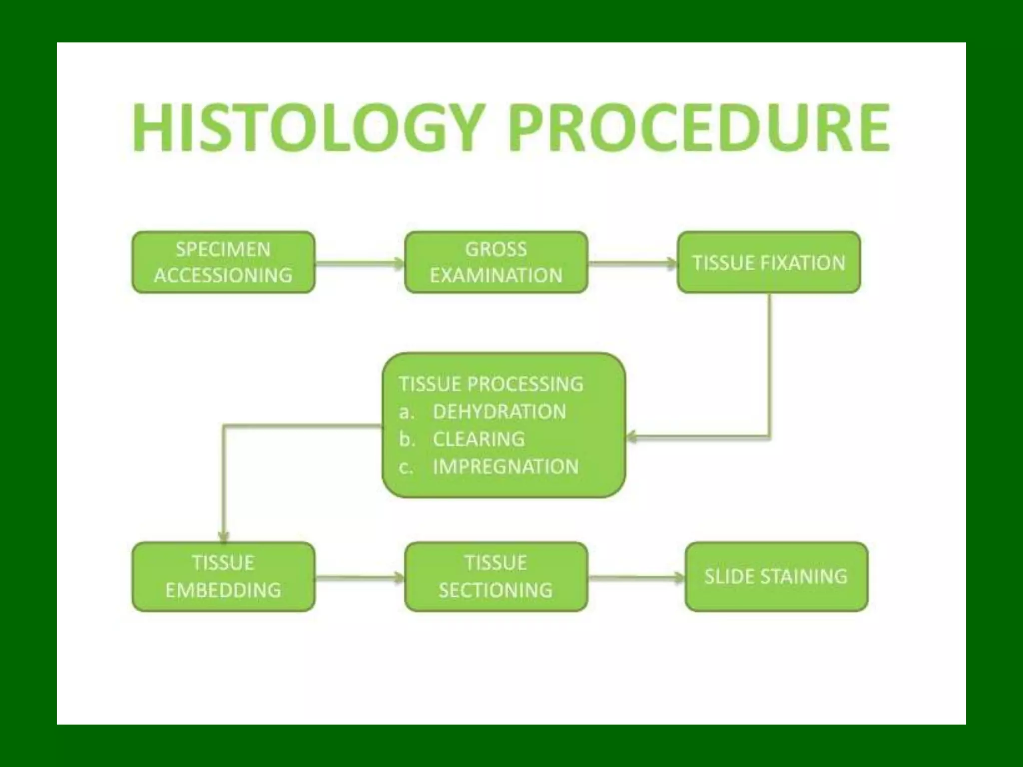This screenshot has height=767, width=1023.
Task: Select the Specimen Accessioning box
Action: pyautogui.click(x=223, y=262)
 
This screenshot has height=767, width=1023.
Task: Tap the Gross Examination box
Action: pyautogui.click(x=496, y=262)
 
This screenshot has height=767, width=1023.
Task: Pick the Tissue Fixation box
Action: pyautogui.click(x=769, y=262)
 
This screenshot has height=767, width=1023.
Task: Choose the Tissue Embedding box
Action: pyautogui.click(x=223, y=577)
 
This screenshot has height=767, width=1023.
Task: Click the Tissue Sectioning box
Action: pyautogui.click(x=496, y=577)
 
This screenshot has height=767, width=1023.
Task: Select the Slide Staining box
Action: pyautogui.click(x=776, y=577)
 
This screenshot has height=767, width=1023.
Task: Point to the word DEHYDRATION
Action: pyautogui.click(x=499, y=412)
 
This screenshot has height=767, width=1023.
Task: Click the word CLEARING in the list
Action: pyautogui.click(x=479, y=439)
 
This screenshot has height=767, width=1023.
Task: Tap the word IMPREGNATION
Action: pyautogui.click(x=506, y=467)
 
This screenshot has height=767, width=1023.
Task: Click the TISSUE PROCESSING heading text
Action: pyautogui.click(x=491, y=384)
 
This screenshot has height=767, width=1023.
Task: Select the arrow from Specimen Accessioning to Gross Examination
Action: pyautogui.click(x=360, y=263)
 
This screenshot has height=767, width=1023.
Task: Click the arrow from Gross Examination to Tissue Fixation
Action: pyautogui.click(x=632, y=263)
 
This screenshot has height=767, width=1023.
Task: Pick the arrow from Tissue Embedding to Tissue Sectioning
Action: pyautogui.click(x=360, y=578)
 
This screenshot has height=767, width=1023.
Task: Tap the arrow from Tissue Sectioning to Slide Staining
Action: pyautogui.click(x=636, y=578)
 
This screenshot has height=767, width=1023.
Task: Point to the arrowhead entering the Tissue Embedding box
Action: pyautogui.click(x=224, y=537)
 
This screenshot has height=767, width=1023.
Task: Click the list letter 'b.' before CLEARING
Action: pyautogui.click(x=407, y=439)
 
